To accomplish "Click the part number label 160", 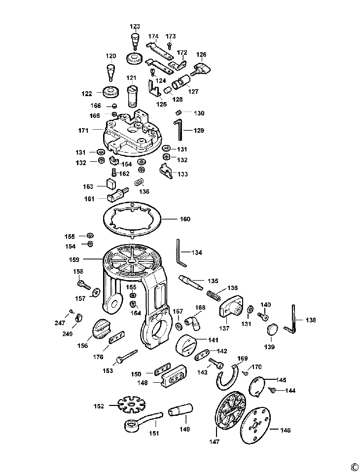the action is point(185,219).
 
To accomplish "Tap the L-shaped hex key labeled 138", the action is point(290,319).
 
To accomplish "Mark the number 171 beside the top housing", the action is point(83,130).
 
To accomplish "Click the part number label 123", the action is point(135,26).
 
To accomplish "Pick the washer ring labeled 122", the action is point(111,92).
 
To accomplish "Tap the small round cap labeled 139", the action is point(272,329).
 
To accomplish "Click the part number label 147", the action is point(214,441).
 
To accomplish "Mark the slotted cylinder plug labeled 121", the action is point(133,96).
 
